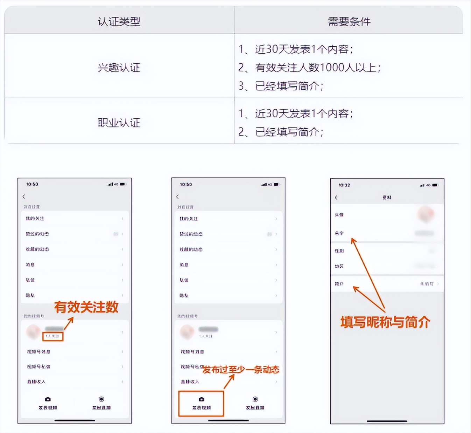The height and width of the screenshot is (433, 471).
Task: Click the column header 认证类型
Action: tap(119, 22)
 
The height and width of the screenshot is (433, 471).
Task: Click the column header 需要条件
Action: tap(349, 22)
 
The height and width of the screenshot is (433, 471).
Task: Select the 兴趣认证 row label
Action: tap(119, 67)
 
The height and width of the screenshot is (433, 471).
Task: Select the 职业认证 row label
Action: tap(119, 123)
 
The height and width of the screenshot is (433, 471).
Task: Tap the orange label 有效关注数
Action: tap(86, 307)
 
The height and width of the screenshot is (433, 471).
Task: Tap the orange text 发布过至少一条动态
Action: tap(241, 370)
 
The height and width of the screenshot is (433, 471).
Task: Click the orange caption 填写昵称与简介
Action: tap(385, 322)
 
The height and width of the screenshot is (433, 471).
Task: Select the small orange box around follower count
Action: tap(52, 336)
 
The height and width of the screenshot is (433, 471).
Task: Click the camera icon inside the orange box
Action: tap(201, 399)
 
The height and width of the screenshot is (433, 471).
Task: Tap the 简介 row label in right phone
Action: tap(339, 284)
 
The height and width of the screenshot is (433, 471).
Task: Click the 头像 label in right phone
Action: tap(339, 215)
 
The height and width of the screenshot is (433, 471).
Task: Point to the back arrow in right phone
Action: tap(336, 198)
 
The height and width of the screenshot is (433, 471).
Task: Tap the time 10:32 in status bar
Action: tap(344, 185)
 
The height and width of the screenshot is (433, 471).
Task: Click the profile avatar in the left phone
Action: tap(33, 331)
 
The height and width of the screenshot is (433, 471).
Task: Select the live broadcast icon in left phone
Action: tap(101, 399)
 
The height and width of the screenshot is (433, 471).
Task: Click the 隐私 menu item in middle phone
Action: tap(184, 296)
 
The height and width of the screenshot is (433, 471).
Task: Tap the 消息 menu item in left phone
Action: tap(30, 265)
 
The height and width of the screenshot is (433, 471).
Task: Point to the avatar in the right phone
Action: tap(426, 214)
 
